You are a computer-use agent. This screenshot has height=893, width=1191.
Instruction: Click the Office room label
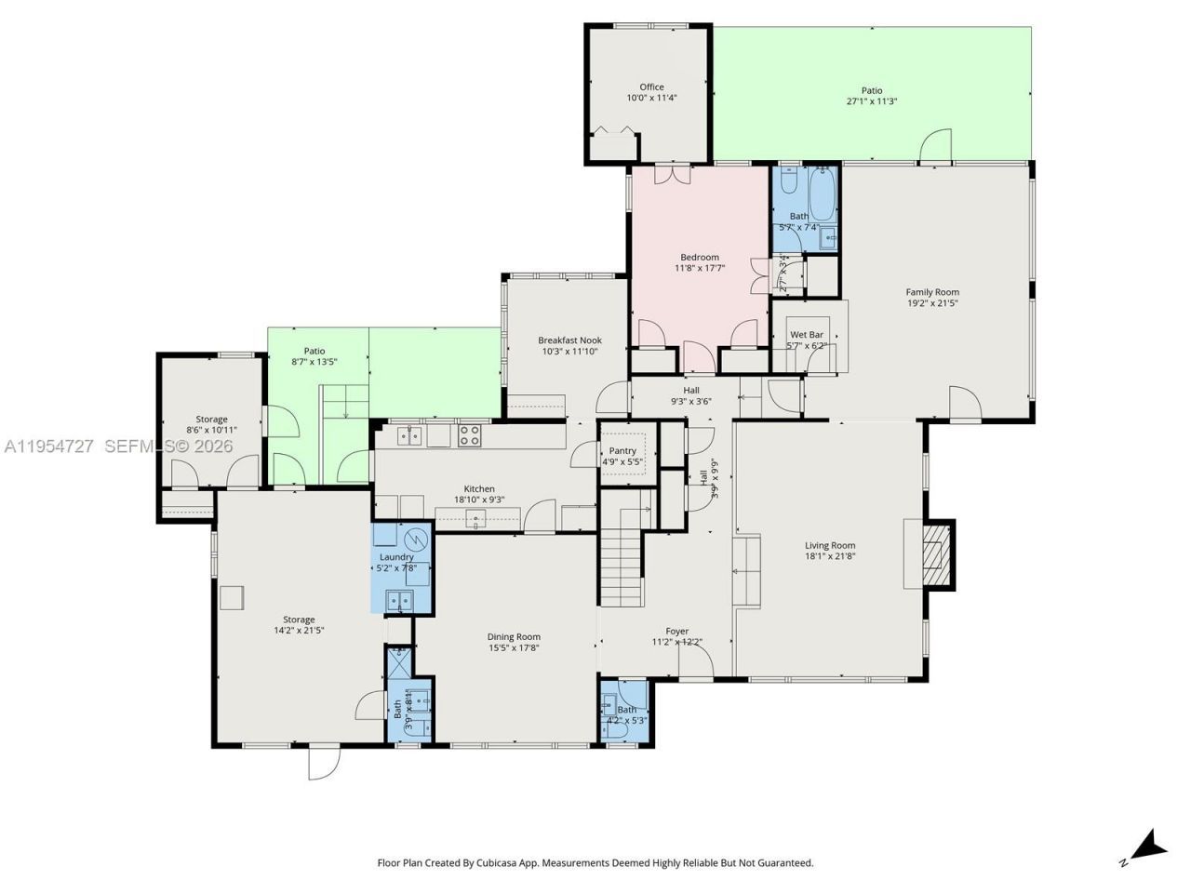pyautogui.click(x=651, y=87)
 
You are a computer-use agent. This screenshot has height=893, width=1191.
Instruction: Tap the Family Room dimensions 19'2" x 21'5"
pyautogui.click(x=932, y=303)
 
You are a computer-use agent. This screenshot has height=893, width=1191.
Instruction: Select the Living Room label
pyautogui.click(x=830, y=545)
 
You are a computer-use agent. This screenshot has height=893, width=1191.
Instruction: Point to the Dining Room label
pyautogui.click(x=514, y=637)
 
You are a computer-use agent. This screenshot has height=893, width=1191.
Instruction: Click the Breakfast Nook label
pyautogui.click(x=569, y=340)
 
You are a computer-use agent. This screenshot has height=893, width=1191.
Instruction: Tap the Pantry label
pyautogui.click(x=622, y=450)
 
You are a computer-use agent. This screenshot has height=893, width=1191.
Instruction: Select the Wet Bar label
pyautogui.click(x=806, y=334)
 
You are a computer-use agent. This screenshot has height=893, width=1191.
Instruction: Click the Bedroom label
pyautogui.click(x=699, y=257)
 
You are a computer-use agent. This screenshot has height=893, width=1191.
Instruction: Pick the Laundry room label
pyautogui.click(x=396, y=556)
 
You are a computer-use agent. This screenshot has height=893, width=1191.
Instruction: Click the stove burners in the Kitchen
pyautogui.click(x=469, y=434)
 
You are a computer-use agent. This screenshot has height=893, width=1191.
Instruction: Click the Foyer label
pyautogui.click(x=676, y=631)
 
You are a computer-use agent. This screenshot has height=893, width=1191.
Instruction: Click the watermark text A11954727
pyautogui.click(x=48, y=446)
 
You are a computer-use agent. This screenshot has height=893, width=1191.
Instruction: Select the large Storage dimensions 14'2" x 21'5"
pyautogui.click(x=299, y=631)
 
